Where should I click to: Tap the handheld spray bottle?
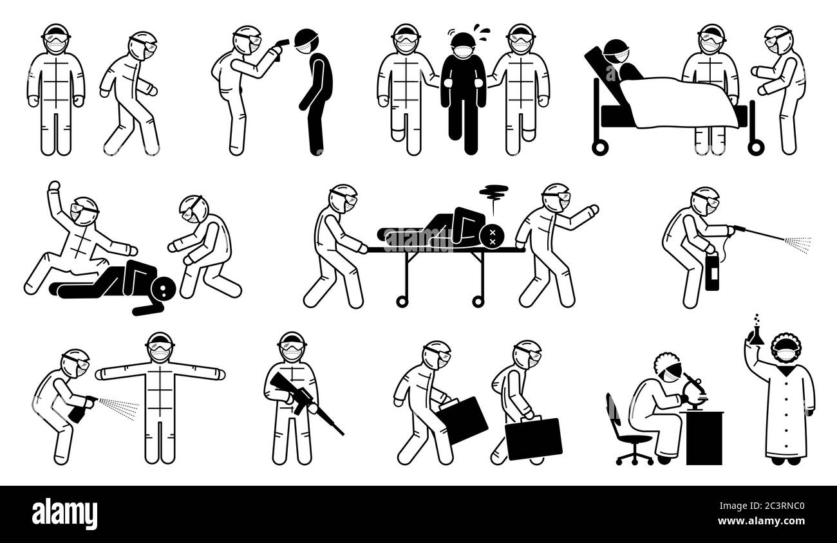click(x=82, y=409)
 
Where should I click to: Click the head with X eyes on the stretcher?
click(x=493, y=235)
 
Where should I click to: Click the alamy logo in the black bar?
click(x=64, y=513)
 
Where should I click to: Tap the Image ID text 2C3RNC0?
click(x=762, y=506)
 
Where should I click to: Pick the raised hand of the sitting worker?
click(x=55, y=187)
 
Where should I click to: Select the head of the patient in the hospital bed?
click(x=616, y=52)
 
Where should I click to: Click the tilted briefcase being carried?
click(x=462, y=420)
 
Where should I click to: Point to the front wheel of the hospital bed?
click(x=600, y=147)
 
